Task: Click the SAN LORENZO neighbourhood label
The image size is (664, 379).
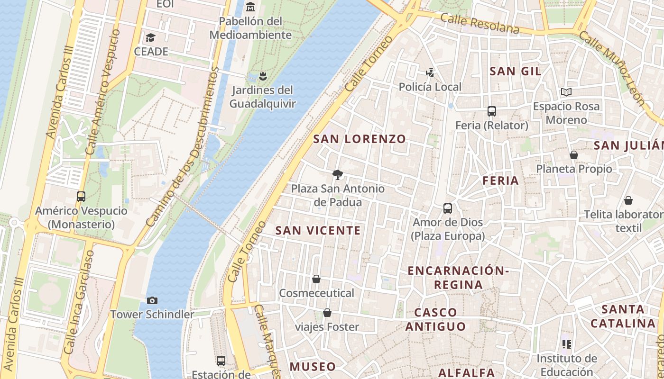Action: [360, 139]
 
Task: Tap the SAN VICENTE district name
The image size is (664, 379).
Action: [318, 231]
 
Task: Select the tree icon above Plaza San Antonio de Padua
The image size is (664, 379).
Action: [338, 175]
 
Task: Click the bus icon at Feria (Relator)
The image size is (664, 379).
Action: [492, 111]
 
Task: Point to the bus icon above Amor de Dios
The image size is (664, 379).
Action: [447, 208]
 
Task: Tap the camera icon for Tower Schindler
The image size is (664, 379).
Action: [152, 300]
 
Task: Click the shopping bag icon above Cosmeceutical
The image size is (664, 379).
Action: [316, 279]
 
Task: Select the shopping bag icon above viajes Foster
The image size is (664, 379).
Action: [327, 313]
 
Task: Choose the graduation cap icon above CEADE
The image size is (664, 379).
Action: [151, 37]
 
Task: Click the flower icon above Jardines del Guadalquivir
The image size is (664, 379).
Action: [262, 75]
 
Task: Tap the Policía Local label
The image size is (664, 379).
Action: [430, 87]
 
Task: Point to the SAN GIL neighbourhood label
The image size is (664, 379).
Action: [515, 72]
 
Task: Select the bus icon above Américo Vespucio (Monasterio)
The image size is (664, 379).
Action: [81, 196]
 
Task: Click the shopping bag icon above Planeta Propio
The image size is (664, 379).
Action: [574, 155]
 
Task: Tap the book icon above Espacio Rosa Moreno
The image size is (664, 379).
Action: [566, 92]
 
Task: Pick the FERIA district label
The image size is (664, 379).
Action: [501, 180]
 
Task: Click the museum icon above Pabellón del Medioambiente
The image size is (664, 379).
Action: [250, 7]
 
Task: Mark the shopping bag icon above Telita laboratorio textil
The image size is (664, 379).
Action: [628, 200]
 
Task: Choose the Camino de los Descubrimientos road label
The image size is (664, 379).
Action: [183, 147]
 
